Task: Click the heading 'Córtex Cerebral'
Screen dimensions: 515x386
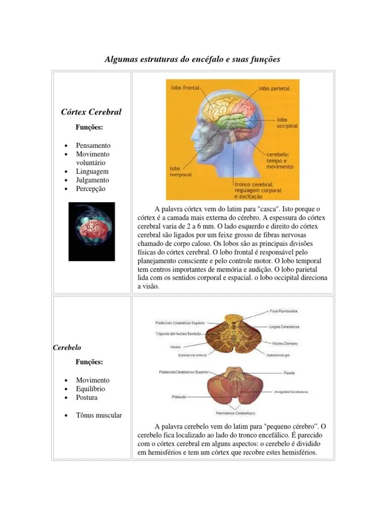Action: coord(91,111)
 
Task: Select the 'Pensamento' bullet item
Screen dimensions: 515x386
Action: coord(93,145)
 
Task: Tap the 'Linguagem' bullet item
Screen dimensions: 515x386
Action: coord(92,171)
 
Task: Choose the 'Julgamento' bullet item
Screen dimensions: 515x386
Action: coord(92,180)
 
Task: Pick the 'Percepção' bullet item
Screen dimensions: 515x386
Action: coord(91,189)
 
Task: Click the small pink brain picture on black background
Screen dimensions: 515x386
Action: coord(91,231)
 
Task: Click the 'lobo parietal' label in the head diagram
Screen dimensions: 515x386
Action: coord(274,88)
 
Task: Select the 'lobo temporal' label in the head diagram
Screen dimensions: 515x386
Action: coord(178,172)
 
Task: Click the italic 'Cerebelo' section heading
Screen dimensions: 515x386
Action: coord(67,348)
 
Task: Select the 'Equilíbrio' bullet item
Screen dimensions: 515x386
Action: coord(90,389)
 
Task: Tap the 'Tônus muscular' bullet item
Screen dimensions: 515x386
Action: coord(99,415)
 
